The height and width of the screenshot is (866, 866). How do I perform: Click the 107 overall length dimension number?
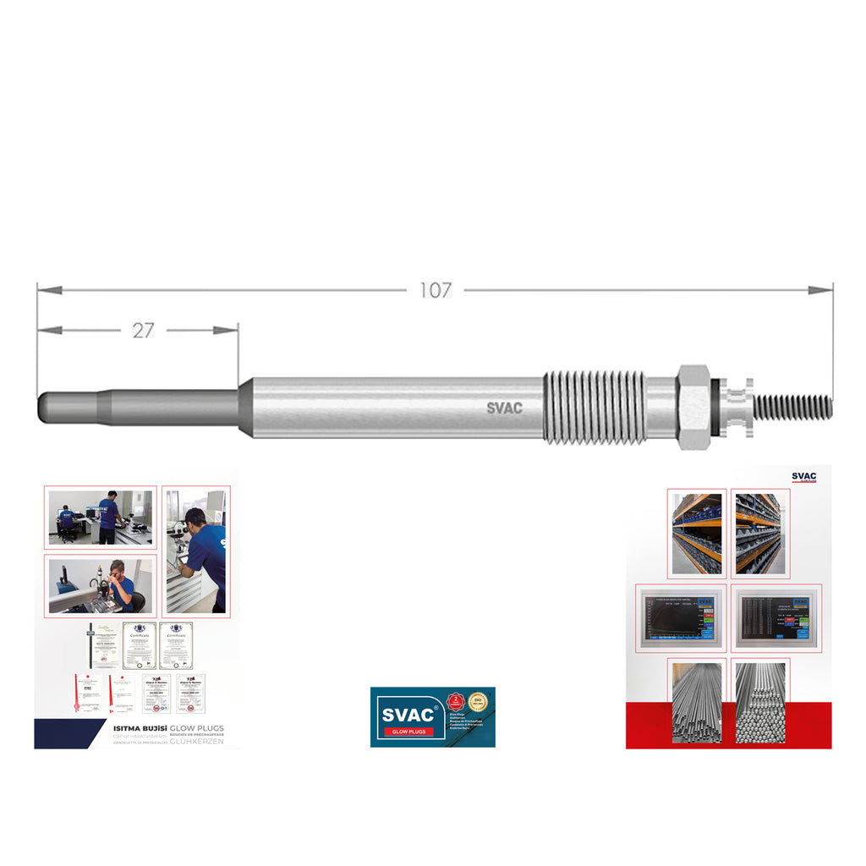[436, 290]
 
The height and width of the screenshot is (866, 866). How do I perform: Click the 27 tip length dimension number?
[143, 331]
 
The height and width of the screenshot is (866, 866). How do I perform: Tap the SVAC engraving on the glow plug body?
[504, 408]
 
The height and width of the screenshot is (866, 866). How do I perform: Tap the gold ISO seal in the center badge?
[479, 702]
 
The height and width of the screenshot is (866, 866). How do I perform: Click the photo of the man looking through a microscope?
[100, 585]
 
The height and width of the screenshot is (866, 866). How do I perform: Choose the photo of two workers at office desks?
[100, 517]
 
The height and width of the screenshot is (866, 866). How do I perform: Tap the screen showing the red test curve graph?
[680, 618]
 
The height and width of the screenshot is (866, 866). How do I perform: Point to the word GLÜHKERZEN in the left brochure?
[196, 742]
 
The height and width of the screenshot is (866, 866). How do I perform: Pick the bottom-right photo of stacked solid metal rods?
[760, 702]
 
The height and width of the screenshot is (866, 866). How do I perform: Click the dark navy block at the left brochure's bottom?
[68, 733]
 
